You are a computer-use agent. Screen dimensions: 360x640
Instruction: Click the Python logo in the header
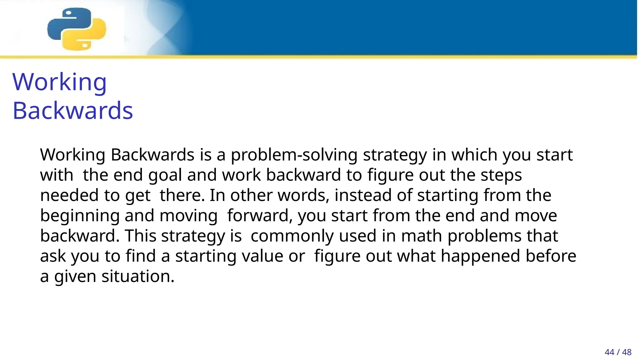pyautogui.click(x=77, y=29)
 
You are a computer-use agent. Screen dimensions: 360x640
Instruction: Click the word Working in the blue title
pyautogui.click(x=59, y=82)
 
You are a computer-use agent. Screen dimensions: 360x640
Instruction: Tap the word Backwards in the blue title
pyautogui.click(x=72, y=111)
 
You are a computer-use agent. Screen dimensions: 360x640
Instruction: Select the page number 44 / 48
pyautogui.click(x=618, y=352)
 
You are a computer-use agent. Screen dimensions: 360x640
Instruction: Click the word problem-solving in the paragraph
pyautogui.click(x=294, y=155)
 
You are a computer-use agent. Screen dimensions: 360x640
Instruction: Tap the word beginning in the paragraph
pyautogui.click(x=80, y=216)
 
